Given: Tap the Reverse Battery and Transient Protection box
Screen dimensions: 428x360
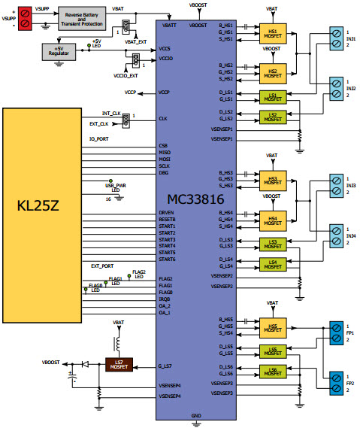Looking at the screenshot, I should [82, 18].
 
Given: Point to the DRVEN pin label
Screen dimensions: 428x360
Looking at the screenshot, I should [167, 213].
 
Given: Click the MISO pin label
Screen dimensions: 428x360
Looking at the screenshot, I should [165, 151].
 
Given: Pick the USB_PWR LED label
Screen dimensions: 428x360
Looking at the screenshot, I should [115, 183].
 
